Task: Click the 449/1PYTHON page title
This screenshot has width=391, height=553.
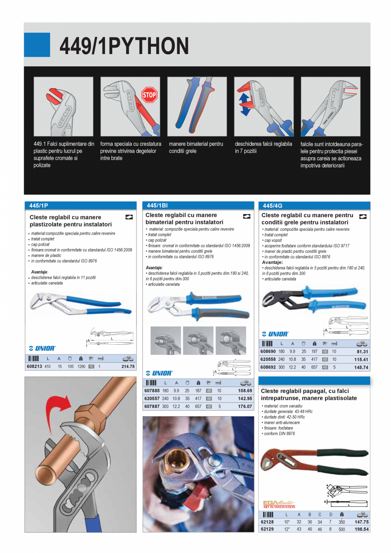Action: pyautogui.click(x=124, y=46)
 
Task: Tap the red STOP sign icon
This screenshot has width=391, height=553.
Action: pyautogui.click(x=149, y=95)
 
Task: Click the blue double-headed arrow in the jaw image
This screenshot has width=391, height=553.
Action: pyautogui.click(x=245, y=105)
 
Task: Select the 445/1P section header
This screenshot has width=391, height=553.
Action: pyautogui.click(x=39, y=205)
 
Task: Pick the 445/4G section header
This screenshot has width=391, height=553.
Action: pyautogui.click(x=273, y=205)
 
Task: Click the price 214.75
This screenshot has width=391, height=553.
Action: pyautogui.click(x=127, y=366)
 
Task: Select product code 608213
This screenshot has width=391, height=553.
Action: pyautogui.click(x=34, y=366)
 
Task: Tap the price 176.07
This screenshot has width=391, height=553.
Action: pyautogui.click(x=245, y=406)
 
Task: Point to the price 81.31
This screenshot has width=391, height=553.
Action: pyautogui.click(x=363, y=352)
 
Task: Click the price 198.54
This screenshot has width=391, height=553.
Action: pyautogui.click(x=362, y=529)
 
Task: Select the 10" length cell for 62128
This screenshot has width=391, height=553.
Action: pyautogui.click(x=287, y=522)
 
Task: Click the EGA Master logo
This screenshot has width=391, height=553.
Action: pyautogui.click(x=279, y=504)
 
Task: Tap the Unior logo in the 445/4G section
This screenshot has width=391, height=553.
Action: pyautogui.click(x=275, y=334)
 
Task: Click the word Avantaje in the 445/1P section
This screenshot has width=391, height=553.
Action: pyautogui.click(x=40, y=271)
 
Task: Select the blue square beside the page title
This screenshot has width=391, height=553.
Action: pyautogui.click(x=37, y=45)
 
